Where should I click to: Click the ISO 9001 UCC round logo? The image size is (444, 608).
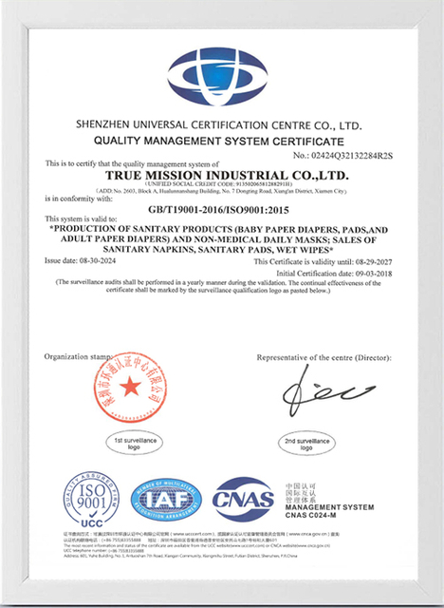pos(91,498)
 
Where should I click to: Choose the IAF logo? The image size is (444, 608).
pos(166,499)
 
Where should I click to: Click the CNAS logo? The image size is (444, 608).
pos(242,500)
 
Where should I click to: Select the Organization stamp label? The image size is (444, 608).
pos(73,356)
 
